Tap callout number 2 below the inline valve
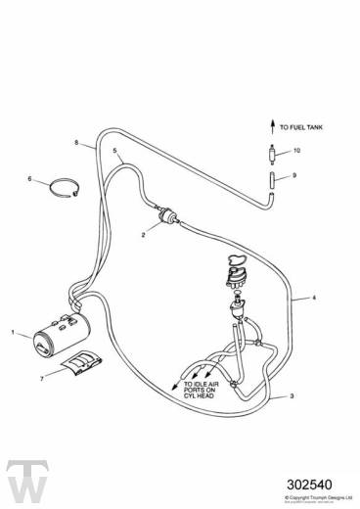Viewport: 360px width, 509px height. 145,236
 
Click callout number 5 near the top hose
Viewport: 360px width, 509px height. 114,151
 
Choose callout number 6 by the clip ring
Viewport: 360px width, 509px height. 29,178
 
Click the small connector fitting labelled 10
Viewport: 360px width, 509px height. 265,152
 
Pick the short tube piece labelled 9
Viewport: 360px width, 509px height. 266,179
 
